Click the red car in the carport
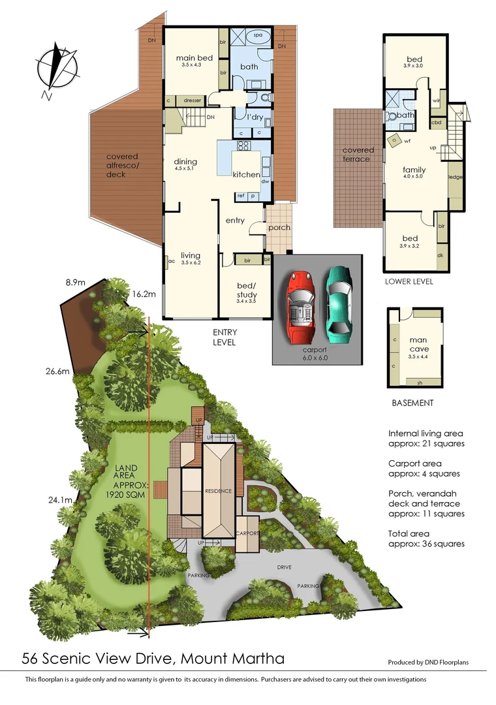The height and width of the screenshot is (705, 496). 300,305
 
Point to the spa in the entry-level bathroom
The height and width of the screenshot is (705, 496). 257,37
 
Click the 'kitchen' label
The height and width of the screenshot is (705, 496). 247,174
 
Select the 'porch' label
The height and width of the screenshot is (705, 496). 279,228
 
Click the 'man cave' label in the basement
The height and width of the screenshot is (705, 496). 418,343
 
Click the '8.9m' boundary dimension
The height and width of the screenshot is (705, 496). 76,283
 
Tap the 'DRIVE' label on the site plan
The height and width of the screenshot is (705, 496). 283,568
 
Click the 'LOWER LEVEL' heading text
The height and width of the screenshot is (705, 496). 409,281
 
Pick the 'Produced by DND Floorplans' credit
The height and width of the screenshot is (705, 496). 428,662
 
